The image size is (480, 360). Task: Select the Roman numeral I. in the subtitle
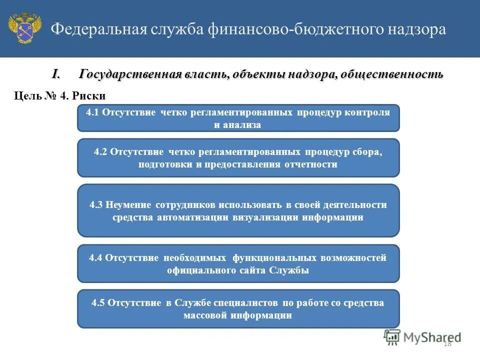(x=56, y=74)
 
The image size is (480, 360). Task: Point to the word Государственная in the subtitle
(x=129, y=74)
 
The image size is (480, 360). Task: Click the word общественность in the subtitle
(x=393, y=74)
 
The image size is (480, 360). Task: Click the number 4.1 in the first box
(x=93, y=112)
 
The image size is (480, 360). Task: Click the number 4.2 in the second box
(x=101, y=152)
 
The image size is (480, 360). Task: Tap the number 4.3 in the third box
(x=96, y=205)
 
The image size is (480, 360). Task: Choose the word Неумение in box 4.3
(x=128, y=205)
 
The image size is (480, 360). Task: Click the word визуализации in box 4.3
(x=262, y=217)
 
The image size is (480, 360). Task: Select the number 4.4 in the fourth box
(x=95, y=258)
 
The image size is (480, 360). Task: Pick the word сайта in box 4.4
(x=251, y=270)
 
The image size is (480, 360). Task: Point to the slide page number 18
(x=447, y=343)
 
